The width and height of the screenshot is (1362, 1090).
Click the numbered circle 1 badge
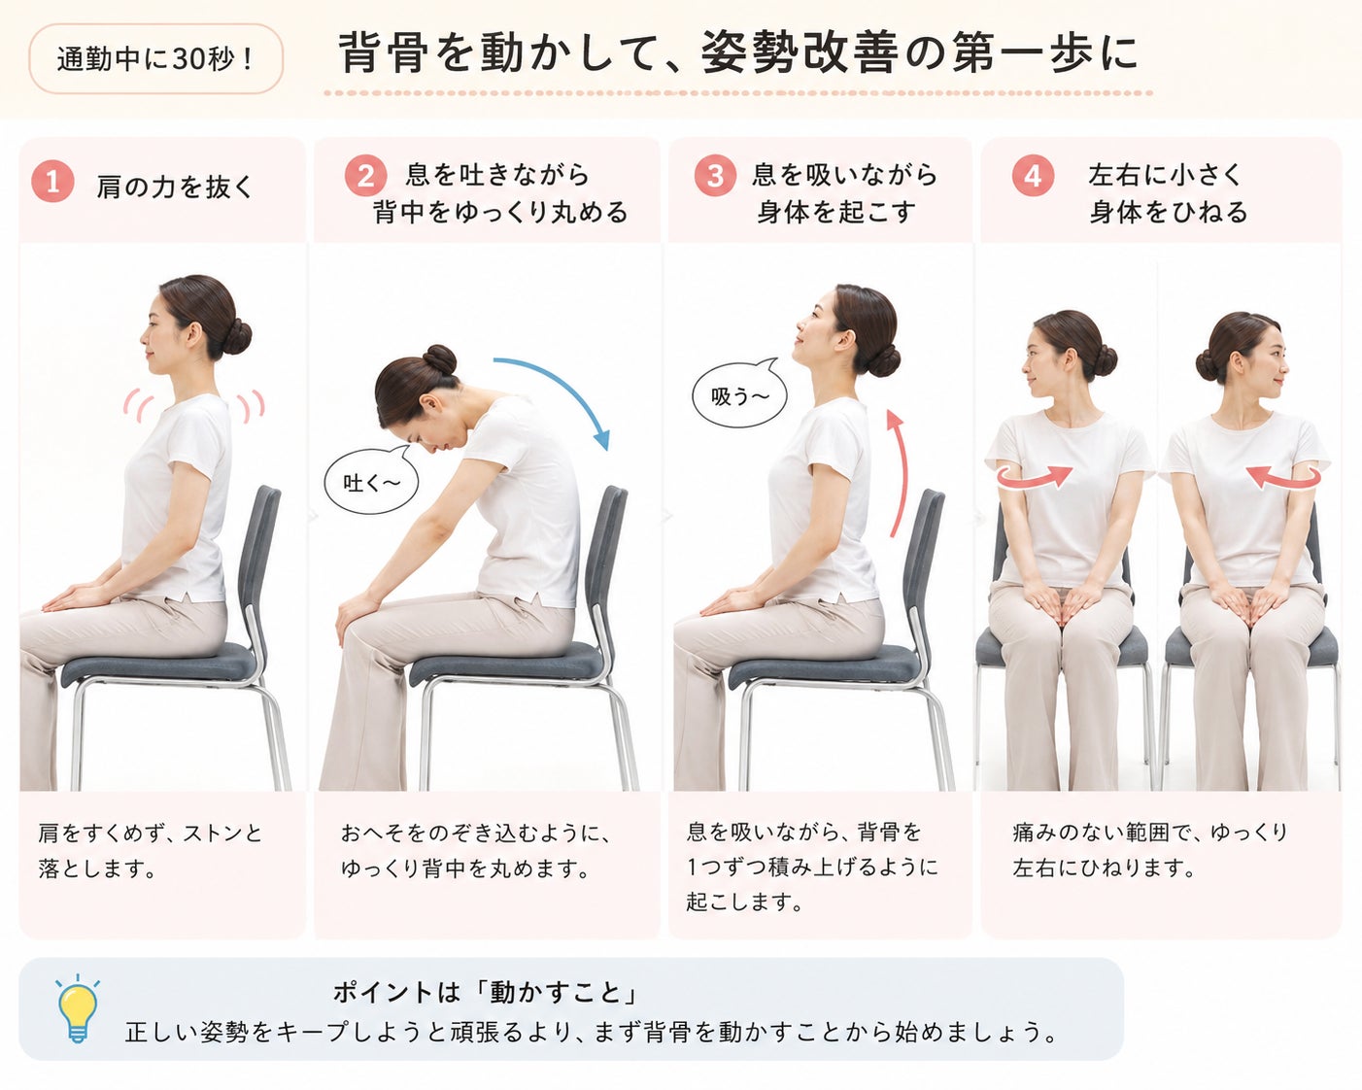(52, 182)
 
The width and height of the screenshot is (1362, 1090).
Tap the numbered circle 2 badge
(366, 176)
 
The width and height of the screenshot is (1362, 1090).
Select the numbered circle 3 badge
(715, 175)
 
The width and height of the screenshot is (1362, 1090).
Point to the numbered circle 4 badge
(1033, 175)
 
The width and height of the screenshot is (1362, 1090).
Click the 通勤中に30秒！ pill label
(155, 59)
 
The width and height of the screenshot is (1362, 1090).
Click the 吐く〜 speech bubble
(372, 479)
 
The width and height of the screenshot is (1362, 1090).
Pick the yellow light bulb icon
(77, 1009)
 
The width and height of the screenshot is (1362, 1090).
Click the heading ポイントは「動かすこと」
(485, 992)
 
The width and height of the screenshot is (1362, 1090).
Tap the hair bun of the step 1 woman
(237, 337)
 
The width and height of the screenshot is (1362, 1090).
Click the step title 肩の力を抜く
(175, 187)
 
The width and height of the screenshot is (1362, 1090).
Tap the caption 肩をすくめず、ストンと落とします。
(151, 850)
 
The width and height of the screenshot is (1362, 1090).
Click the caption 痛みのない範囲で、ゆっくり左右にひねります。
(1150, 850)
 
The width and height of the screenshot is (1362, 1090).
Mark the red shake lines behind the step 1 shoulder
(252, 406)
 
